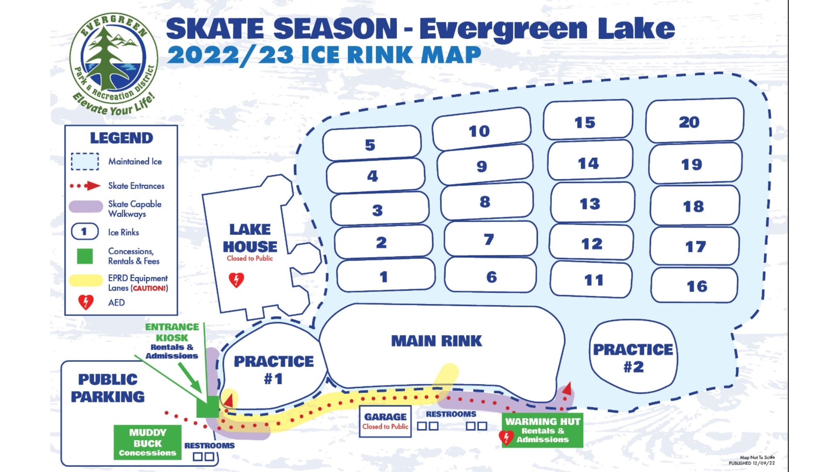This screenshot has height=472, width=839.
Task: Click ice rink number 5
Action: coord(371,145)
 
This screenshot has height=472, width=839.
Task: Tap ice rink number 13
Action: coord(590,204)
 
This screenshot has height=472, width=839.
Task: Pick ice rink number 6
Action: coord(492,277)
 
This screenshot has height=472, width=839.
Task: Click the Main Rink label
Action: coord(437,341)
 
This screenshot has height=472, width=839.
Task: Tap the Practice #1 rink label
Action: coord(274,369)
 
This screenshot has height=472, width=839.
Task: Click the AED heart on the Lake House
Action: coord(236,280)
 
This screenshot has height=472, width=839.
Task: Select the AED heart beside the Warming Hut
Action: coord(506,437)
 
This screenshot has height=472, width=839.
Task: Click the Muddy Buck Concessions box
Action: coord(147,442)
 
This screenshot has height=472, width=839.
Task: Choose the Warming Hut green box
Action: coord(543,430)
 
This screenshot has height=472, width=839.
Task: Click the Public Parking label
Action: coord(107,388)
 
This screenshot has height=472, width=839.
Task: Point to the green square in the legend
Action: coord(85,257)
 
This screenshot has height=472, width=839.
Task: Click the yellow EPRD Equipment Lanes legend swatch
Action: coord(86,281)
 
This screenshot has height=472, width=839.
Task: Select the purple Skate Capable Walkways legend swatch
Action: coord(86,206)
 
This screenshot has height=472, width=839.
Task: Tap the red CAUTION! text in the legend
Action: coord(150,288)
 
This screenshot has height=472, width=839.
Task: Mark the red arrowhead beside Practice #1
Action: coord(229,399)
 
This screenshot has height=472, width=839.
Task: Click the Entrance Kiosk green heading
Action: coord(172,332)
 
